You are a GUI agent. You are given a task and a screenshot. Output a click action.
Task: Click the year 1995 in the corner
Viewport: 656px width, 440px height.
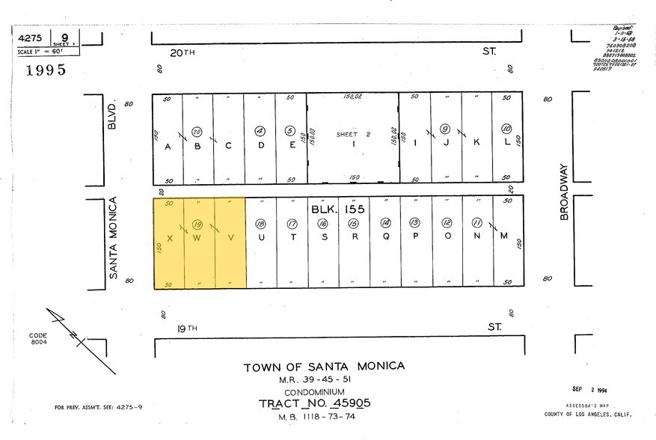[46, 70]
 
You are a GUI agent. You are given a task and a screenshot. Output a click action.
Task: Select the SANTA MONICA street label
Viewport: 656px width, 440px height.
[114, 238]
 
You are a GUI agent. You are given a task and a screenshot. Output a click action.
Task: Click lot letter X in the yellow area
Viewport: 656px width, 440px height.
[170, 238]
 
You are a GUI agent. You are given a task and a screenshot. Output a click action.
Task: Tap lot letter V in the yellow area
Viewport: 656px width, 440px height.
[230, 238]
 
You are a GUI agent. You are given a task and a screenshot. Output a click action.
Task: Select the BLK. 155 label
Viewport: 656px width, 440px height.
[337, 210]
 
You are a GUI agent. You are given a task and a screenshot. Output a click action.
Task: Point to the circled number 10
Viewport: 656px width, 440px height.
[506, 127]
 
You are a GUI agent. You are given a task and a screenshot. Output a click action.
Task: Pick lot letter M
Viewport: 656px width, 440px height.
[503, 237]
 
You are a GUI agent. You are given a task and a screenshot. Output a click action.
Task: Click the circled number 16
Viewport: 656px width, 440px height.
[323, 223]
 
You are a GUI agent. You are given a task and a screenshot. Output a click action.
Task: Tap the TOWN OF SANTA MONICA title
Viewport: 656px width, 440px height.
[324, 366]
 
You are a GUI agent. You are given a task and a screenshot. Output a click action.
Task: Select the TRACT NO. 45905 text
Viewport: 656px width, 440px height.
[314, 403]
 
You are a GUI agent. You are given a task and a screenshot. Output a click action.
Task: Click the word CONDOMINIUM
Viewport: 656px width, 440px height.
[313, 391]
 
